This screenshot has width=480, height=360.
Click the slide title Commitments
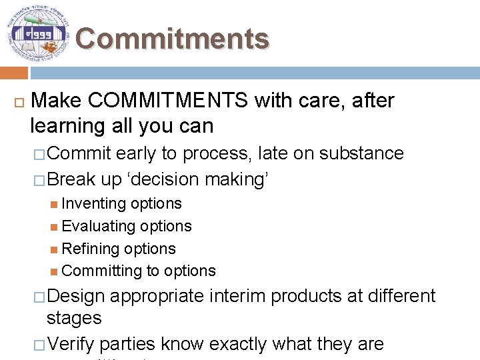[172, 39]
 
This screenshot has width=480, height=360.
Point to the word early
[136, 153]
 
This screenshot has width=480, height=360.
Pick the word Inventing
[93, 203]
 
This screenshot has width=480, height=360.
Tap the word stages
[74, 318]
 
